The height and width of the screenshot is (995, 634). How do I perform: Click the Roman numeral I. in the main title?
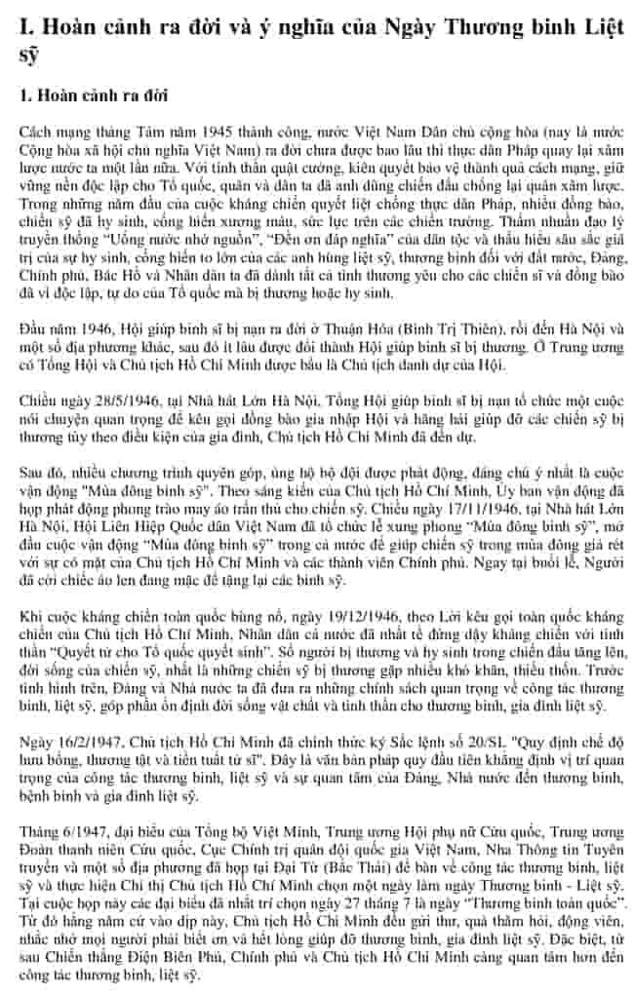coord(26,29)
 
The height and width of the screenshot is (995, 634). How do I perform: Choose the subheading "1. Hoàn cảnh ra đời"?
coord(95,96)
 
